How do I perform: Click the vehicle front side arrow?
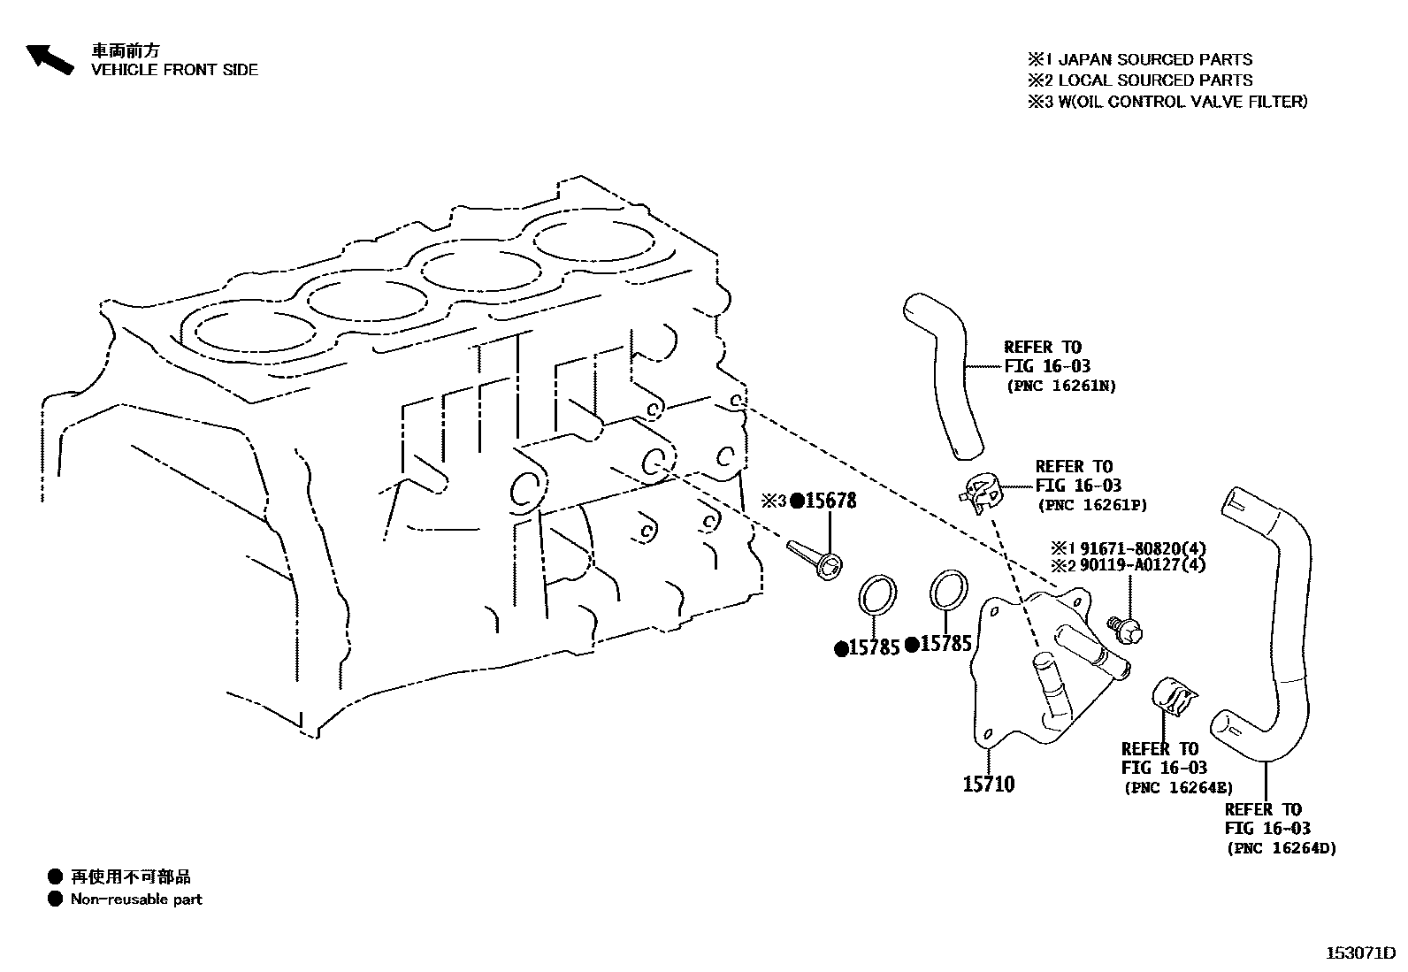(x=49, y=58)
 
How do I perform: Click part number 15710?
(x=988, y=784)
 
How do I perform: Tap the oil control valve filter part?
(x=815, y=558)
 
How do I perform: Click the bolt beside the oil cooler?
(x=1126, y=629)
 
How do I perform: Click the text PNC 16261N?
(x=1061, y=387)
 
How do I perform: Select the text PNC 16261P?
(x=1092, y=505)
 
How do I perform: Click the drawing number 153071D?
(x=1360, y=953)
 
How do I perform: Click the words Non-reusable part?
(x=136, y=899)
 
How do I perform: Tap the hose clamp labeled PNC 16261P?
(x=982, y=491)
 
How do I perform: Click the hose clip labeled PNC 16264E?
(x=1173, y=694)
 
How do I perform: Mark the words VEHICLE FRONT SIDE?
(x=174, y=70)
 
